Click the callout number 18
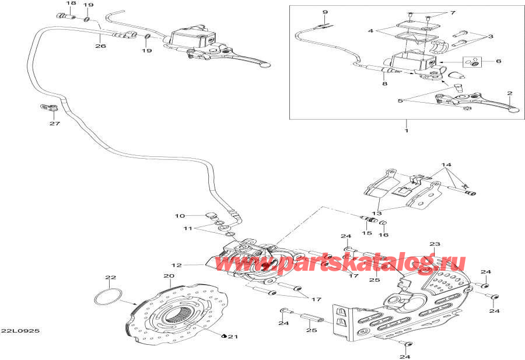click(x=71, y=4)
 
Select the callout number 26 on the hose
click(x=100, y=46)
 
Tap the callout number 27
click(x=55, y=123)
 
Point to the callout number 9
click(x=325, y=12)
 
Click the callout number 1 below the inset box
click(x=407, y=131)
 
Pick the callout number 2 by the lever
click(x=499, y=61)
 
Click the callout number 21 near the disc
click(x=234, y=337)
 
